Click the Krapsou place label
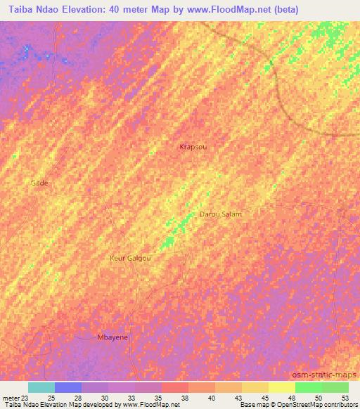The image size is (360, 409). point(193,148)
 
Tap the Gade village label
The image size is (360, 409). point(39,183)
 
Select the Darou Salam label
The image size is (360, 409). point(221,214)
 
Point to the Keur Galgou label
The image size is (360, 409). point(130,258)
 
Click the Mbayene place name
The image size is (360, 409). point(112,337)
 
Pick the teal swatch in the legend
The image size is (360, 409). point(41,387)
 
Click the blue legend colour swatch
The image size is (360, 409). point(68,387)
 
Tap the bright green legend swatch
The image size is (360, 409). point(309,387)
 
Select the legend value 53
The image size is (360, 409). point(345,398)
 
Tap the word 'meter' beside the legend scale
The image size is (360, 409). point(9,398)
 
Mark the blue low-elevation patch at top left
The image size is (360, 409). point(27,51)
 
